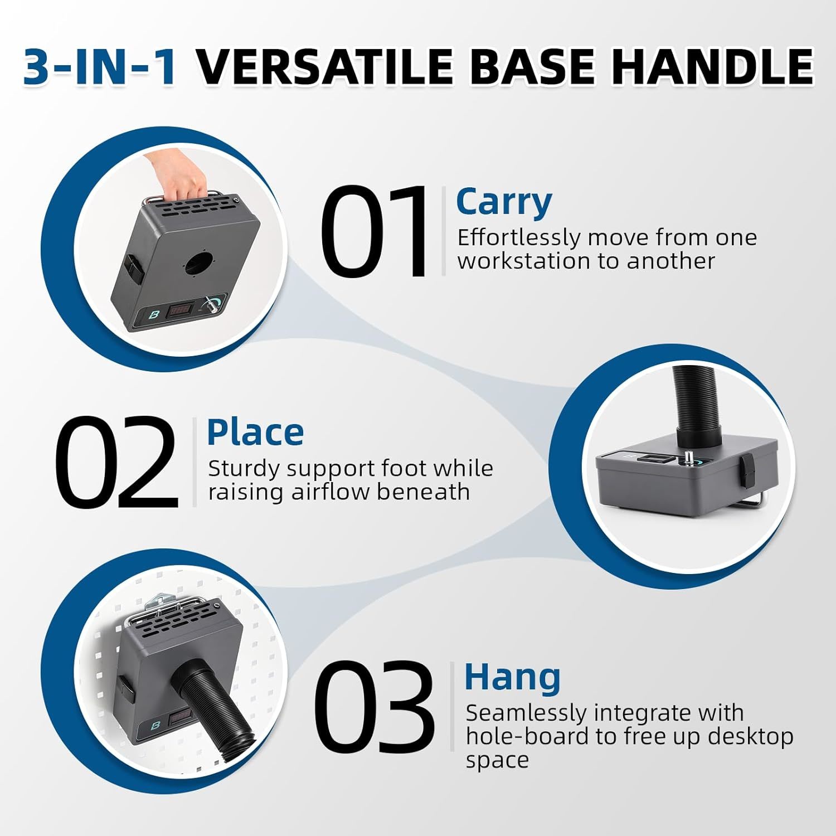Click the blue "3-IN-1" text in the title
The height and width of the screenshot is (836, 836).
pyautogui.click(x=100, y=67)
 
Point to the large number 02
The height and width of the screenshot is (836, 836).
pyautogui.click(x=117, y=462)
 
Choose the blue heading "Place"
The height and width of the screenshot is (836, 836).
pyautogui.click(x=255, y=433)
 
